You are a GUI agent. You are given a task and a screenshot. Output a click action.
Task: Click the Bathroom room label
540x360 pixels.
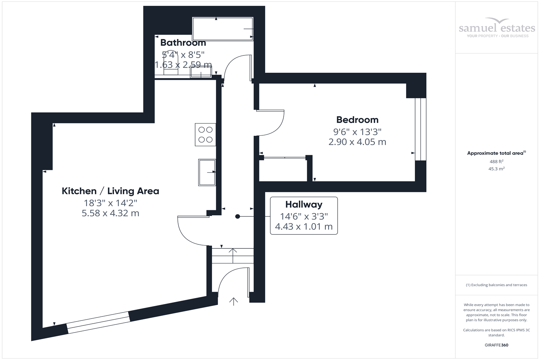pyautogui.click(x=183, y=42)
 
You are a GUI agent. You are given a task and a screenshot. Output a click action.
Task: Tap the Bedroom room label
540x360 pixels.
pyautogui.click(x=357, y=120)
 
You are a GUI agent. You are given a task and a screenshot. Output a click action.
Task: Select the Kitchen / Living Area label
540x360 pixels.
pyautogui.click(x=110, y=191)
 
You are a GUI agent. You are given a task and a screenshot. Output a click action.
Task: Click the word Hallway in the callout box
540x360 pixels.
pyautogui.click(x=303, y=204)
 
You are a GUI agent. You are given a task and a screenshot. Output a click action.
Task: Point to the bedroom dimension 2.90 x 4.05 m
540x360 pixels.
pyautogui.click(x=357, y=142)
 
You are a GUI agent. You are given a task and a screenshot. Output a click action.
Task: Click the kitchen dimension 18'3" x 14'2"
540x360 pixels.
pyautogui.click(x=110, y=203)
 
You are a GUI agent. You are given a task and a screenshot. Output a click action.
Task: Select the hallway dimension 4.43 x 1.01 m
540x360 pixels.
pyautogui.click(x=303, y=226)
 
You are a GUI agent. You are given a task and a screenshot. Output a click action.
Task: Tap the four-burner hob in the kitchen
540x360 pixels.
pyautogui.click(x=205, y=135)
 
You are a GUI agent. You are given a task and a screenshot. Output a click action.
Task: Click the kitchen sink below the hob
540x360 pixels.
pyautogui.click(x=207, y=172)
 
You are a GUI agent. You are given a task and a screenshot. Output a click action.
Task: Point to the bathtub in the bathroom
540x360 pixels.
pyautogui.click(x=222, y=29)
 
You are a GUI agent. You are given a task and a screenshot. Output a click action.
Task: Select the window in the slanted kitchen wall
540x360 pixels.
pyautogui.click(x=98, y=323)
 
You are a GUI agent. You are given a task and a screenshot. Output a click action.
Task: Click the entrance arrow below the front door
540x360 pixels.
pyautogui.click(x=234, y=301)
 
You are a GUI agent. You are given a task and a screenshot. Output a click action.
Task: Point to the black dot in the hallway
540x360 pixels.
pyautogui.click(x=238, y=216)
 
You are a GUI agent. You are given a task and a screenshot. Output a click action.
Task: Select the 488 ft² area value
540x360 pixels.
pyautogui.click(x=496, y=162)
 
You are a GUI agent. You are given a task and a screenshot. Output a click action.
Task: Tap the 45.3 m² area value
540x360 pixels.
pyautogui.click(x=496, y=168)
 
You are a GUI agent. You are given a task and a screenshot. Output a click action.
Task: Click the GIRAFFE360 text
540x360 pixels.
pyautogui.click(x=496, y=345)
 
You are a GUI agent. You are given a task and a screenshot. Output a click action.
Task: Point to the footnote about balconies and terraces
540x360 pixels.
pyautogui.click(x=496, y=285)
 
